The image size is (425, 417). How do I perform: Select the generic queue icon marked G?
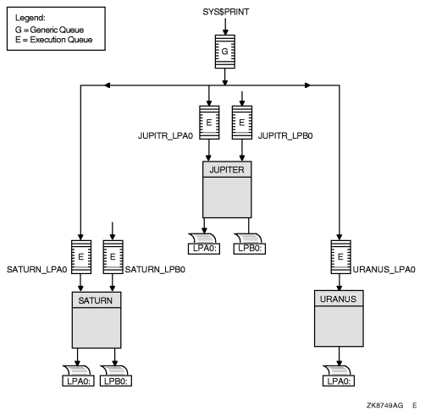224,50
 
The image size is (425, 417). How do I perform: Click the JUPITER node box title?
225,167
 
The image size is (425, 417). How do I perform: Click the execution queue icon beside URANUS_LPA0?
339,255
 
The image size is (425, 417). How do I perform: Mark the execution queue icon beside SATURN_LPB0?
112,255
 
